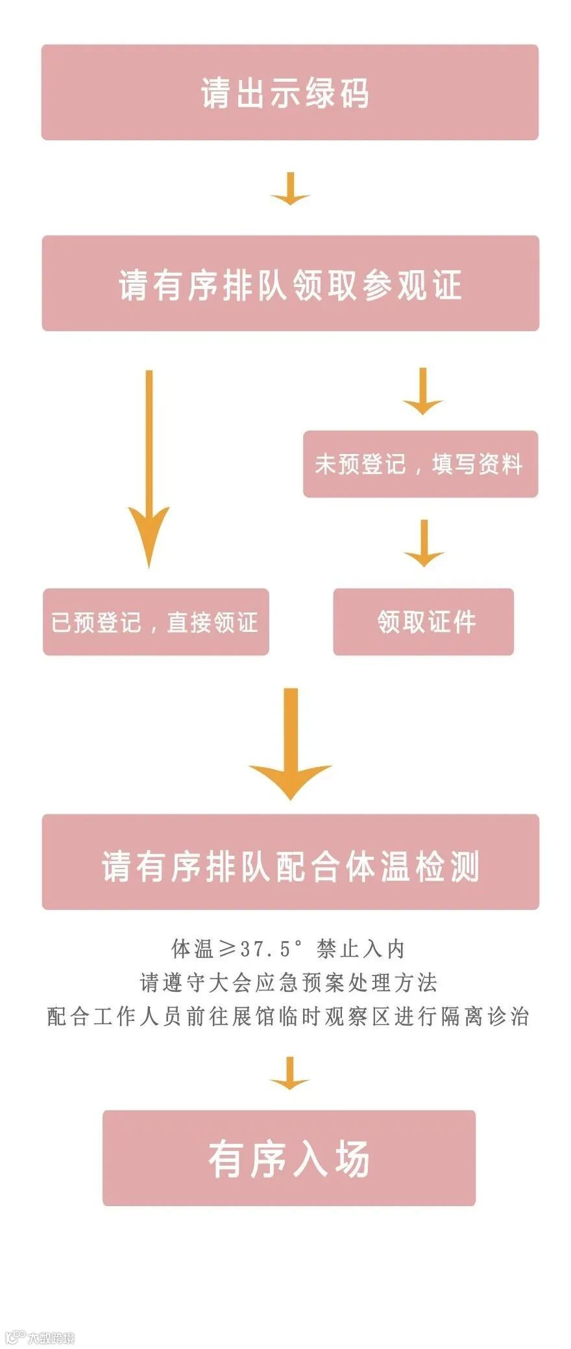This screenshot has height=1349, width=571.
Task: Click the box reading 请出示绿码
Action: pyautogui.click(x=289, y=92)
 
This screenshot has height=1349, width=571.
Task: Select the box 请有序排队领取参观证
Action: pyautogui.click(x=290, y=283)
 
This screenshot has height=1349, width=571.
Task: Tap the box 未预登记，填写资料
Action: pyautogui.click(x=420, y=464)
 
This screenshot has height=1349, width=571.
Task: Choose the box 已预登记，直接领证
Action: pyautogui.click(x=156, y=622)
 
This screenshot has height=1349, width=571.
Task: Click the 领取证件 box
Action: pyautogui.click(x=423, y=622)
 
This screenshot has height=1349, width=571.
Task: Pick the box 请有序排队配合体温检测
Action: pyautogui.click(x=290, y=861)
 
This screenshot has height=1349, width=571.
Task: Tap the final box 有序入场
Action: pyautogui.click(x=289, y=1157)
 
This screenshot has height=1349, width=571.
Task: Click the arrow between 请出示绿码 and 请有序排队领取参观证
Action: pyautogui.click(x=290, y=189)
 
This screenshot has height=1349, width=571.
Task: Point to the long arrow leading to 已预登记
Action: pyautogui.click(x=149, y=468)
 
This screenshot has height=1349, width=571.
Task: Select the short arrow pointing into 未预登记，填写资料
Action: pyautogui.click(x=422, y=392)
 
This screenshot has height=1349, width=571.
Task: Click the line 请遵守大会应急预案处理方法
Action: pyautogui.click(x=289, y=982)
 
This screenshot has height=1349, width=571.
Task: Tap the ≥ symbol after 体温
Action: pyautogui.click(x=227, y=949)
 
